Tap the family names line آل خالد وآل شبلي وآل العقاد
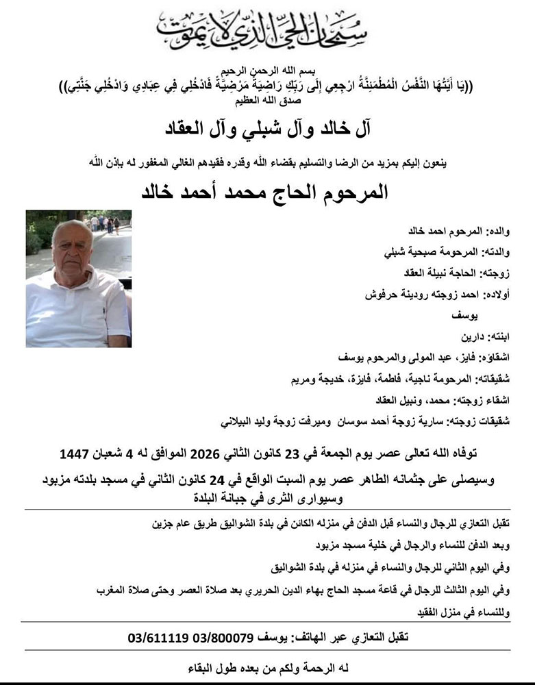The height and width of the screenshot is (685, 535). point(267,127)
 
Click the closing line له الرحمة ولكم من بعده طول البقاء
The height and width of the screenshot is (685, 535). point(266,667)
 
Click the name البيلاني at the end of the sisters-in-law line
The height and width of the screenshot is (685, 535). point(241,421)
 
